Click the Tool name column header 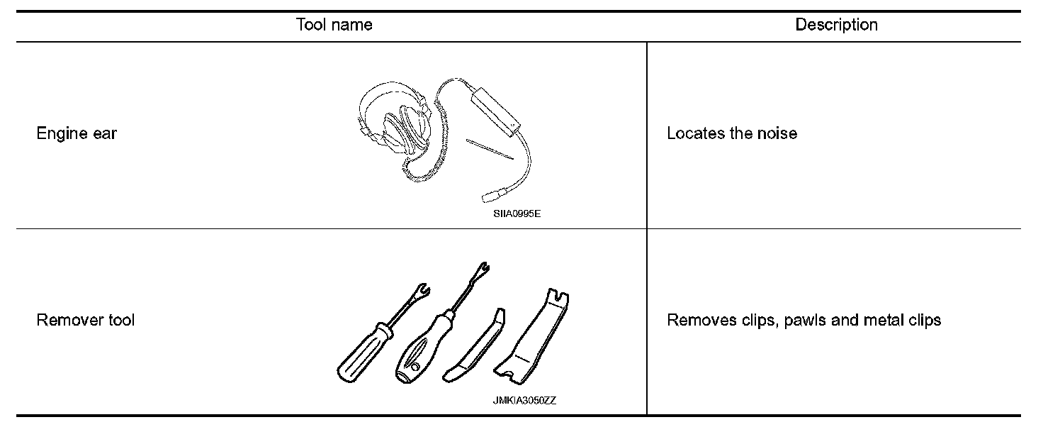[x=334, y=26]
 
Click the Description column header [x=836, y=26]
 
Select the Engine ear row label [x=77, y=133]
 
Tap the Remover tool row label [x=85, y=320]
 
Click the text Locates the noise [x=732, y=133]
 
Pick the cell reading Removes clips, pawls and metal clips [x=804, y=320]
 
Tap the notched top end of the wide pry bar [x=560, y=296]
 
